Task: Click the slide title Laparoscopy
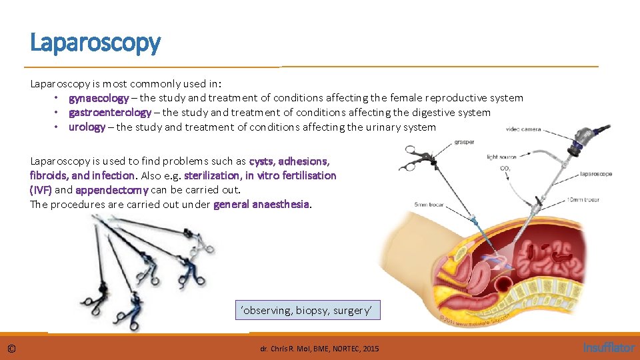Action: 95,43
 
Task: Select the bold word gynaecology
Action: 99,98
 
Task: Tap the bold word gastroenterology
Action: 110,113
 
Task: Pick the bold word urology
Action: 87,127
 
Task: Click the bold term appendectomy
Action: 111,190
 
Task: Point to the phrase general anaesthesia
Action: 261,205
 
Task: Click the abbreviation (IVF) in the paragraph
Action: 41,190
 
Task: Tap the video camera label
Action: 523,129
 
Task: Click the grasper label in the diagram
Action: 464,141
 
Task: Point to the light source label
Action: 501,157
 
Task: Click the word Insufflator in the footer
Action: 609,347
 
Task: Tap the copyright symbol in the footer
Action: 12,348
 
